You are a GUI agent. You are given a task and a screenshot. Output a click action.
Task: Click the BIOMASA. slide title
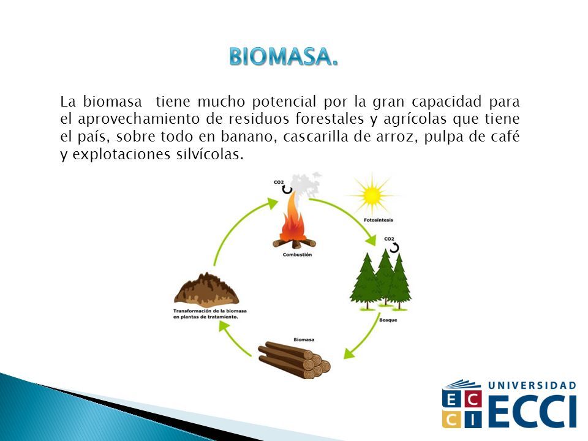click(284, 56)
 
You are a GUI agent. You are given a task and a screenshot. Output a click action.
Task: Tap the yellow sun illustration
click(372, 195)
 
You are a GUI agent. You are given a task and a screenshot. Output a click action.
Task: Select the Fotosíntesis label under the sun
click(379, 220)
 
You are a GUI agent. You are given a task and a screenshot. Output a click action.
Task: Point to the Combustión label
click(297, 255)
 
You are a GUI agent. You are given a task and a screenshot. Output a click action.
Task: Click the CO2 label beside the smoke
click(279, 183)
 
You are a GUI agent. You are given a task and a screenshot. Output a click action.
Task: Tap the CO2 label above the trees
click(390, 239)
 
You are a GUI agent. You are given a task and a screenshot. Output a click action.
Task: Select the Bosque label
click(388, 320)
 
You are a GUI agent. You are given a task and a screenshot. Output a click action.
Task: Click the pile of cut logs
click(295, 360)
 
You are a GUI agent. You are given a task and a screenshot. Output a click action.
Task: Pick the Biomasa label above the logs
click(304, 340)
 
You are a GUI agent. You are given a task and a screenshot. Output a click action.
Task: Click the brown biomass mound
click(206, 288)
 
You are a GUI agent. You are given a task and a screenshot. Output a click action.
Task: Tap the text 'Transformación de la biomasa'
click(210, 311)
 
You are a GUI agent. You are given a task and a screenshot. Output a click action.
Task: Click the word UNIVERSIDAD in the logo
click(532, 385)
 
